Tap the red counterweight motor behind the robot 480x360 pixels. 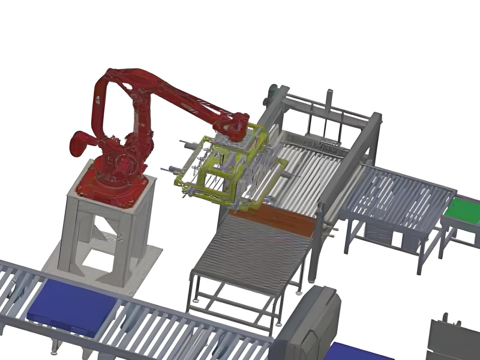(x=81, y=143)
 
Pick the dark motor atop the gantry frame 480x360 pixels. (x=274, y=92)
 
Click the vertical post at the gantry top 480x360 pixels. (x=329, y=102)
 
